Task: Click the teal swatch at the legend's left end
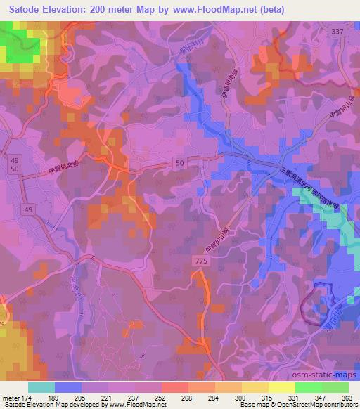pos(42,387)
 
